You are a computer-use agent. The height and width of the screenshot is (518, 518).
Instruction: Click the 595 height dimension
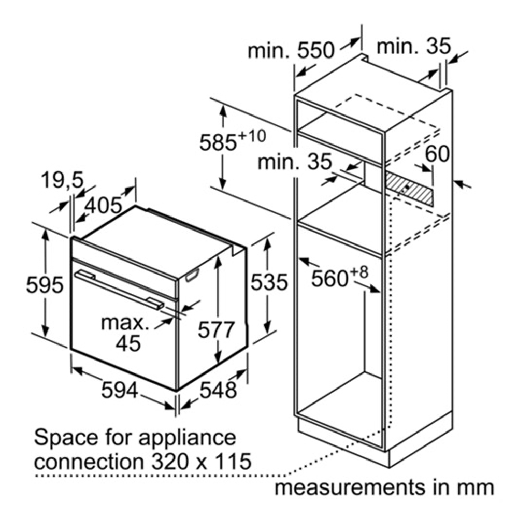[45, 285]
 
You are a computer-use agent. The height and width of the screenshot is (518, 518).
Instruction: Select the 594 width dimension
[120, 390]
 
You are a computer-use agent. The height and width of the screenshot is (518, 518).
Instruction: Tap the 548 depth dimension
[218, 390]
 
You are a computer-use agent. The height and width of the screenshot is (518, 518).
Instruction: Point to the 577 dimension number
[218, 329]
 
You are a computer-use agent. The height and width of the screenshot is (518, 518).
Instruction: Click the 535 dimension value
[269, 282]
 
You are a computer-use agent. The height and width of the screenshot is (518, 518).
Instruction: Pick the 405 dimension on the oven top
[103, 205]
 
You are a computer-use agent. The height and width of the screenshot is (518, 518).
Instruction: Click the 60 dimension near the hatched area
[438, 153]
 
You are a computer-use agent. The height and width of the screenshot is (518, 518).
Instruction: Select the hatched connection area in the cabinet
[409, 188]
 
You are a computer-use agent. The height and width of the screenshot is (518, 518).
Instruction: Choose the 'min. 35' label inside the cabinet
[294, 162]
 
